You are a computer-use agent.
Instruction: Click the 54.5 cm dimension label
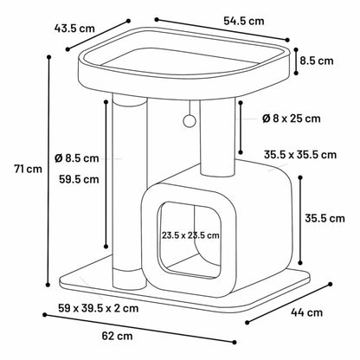click(244, 21)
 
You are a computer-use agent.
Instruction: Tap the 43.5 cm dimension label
click(74, 29)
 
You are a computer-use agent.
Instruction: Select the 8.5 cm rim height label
click(317, 61)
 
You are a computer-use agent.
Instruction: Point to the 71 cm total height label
click(29, 169)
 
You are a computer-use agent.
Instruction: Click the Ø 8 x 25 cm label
click(292, 119)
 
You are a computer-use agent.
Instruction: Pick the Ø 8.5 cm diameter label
click(77, 158)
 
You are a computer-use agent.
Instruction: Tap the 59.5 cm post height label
click(79, 179)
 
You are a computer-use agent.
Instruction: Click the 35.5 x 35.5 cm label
click(300, 155)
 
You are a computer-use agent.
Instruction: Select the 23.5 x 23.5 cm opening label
click(190, 235)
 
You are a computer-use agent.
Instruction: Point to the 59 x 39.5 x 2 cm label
click(99, 308)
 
